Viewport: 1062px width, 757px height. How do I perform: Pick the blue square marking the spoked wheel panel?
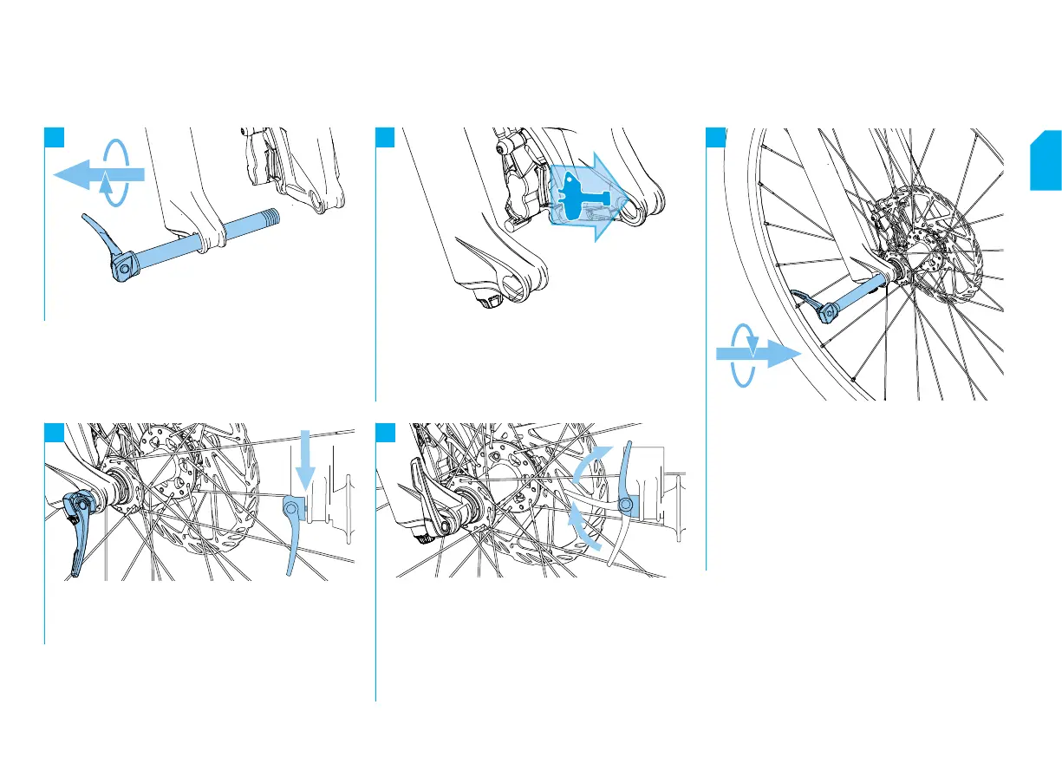pyautogui.click(x=716, y=137)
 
